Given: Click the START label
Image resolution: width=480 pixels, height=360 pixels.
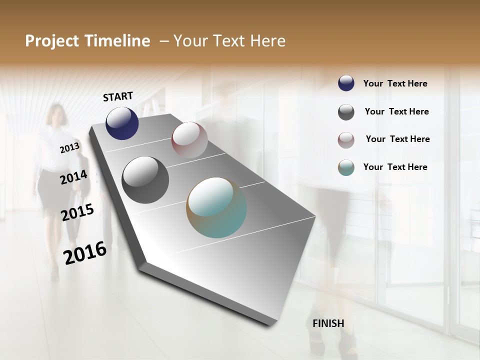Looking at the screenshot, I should coord(118,96).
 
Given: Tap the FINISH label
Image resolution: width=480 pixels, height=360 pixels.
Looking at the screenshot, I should coord(328,323).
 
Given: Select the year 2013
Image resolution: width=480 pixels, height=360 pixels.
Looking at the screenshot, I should coord(69,148).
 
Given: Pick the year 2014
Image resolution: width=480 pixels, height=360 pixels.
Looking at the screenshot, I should coord(73,177).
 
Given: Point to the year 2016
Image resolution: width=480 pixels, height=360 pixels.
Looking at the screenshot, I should coord(85,252).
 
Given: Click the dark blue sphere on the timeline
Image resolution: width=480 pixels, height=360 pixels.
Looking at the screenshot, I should coord(122,123).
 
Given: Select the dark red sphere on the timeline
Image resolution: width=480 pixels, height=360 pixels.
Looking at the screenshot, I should coord(189,140).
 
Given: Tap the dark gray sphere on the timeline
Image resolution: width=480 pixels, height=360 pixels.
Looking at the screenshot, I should coord(145,180).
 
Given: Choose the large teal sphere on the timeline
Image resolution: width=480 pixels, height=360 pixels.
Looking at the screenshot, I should coord(216,207).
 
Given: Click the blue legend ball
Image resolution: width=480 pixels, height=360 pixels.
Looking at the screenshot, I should coord(346,83).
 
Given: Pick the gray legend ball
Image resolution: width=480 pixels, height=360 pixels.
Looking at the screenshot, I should coord(346,112).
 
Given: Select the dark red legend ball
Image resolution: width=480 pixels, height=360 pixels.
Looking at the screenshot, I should coord(346,140).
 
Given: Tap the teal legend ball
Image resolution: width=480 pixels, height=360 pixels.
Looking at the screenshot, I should coord(346,168).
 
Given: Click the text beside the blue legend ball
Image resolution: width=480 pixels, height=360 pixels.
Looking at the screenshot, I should coord(395,84).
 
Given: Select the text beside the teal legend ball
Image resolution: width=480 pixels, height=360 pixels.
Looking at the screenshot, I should coord(395,167).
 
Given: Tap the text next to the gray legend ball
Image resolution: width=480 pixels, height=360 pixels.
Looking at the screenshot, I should coord(396,111).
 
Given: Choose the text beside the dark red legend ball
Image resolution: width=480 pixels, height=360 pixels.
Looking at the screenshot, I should coord(397,139).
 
